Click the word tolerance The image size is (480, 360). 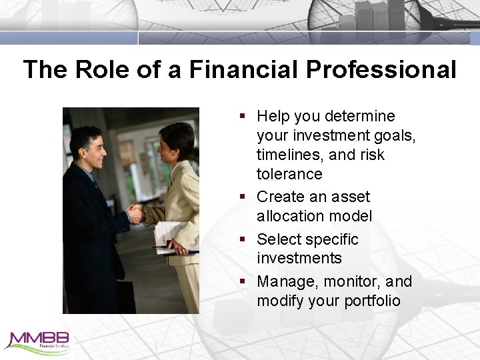pyautogui.click(x=289, y=174)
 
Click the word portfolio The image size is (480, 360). pyautogui.click(x=372, y=301)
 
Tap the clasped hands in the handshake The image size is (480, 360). pyautogui.click(x=136, y=213)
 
